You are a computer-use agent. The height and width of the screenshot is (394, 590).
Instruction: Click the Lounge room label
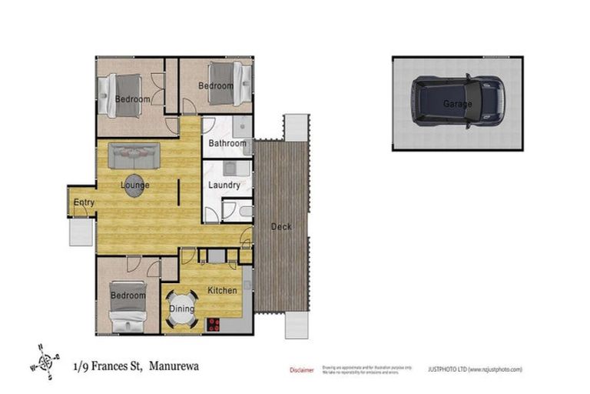point(135,185)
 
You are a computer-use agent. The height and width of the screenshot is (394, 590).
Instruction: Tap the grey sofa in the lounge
point(134,156)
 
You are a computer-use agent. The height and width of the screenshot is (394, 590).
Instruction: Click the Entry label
point(83,203)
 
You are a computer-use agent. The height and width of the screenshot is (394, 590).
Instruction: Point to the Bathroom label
point(228,143)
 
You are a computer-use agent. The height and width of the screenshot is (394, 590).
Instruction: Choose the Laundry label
point(224,185)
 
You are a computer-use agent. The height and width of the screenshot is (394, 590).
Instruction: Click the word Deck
point(280,227)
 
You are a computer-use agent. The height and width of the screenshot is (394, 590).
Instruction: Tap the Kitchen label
point(222,290)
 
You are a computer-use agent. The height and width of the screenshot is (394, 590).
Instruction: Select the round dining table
point(183,309)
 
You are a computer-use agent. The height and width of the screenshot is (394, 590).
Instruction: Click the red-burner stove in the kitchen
point(213,325)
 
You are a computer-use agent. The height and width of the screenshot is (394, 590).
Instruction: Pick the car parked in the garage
point(457,102)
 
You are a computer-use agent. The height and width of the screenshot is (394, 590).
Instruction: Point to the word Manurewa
point(174,366)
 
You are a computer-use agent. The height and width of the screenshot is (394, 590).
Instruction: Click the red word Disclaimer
point(302,370)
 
